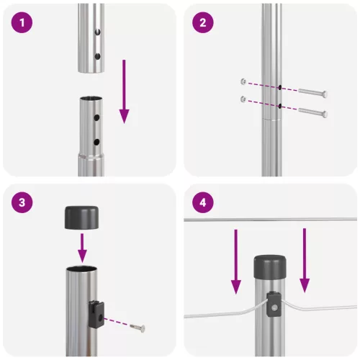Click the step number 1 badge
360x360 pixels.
(24, 23)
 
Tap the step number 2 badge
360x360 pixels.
(204, 23)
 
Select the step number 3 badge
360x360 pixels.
(24, 203)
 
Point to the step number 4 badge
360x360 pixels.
(204, 203)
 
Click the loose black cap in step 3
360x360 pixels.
(81, 217)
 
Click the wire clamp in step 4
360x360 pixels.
(274, 304)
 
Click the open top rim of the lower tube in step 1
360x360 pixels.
(91, 99)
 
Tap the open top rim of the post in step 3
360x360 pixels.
(81, 269)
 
